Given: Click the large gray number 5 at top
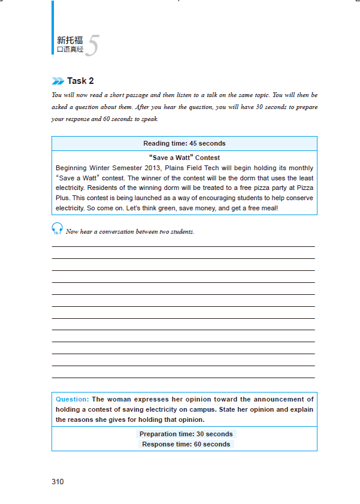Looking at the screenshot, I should (x=92, y=46).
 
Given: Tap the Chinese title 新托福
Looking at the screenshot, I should (x=70, y=41).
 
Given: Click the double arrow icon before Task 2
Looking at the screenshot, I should (x=58, y=82).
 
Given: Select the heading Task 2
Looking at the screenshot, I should (x=80, y=81).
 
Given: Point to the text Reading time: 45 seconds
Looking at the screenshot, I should (x=184, y=144).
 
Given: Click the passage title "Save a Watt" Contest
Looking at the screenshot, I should (x=184, y=158).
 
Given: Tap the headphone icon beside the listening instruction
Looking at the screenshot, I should (x=58, y=228).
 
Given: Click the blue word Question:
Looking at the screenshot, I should (x=72, y=399).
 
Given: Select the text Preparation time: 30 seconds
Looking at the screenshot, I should (x=186, y=434).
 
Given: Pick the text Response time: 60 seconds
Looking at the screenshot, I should (x=186, y=444).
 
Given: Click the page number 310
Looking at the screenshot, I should (x=58, y=482).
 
